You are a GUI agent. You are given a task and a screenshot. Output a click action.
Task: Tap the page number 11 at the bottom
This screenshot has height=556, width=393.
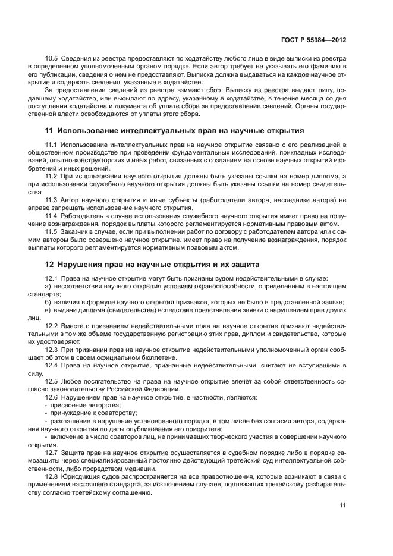pyautogui.click(x=342, y=505)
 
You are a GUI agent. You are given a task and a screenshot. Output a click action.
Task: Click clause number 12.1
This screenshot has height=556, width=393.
pyautogui.click(x=52, y=279)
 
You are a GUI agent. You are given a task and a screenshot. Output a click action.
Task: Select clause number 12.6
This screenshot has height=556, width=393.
pyautogui.click(x=52, y=396)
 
